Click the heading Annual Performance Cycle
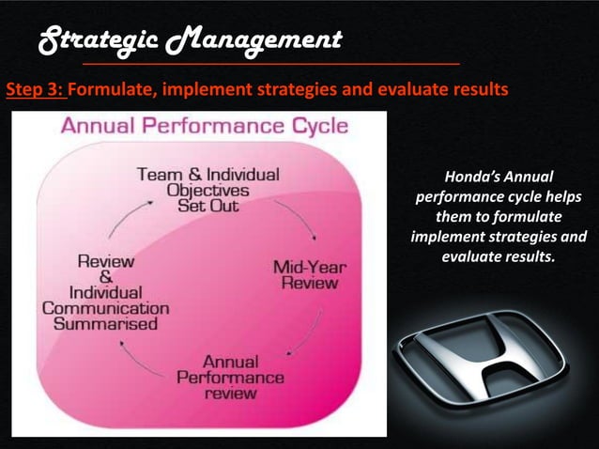(x=204, y=126)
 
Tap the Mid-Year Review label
(x=309, y=275)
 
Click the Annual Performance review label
(x=230, y=378)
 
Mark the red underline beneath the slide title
(x=272, y=61)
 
